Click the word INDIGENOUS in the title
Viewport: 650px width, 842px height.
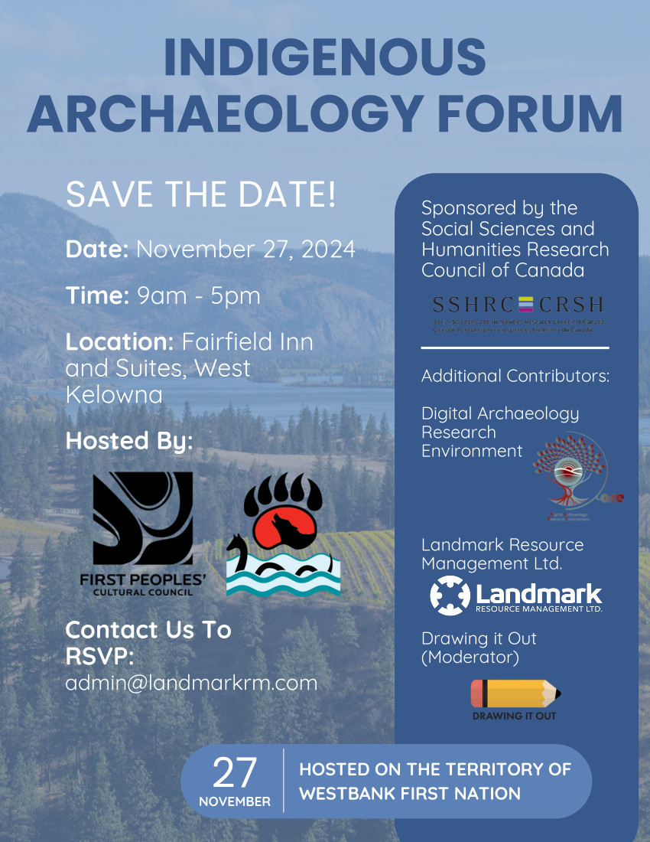325,57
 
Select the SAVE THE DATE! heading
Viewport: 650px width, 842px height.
201,195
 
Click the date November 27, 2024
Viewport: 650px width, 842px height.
245,250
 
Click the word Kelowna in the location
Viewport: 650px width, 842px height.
114,395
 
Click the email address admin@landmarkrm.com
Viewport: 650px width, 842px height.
191,683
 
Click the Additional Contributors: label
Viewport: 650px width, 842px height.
515,376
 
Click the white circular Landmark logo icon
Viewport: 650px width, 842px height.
450,596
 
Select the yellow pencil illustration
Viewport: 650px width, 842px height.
515,694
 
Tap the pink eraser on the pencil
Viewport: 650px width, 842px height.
477,694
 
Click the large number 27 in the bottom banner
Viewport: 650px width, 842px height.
235,773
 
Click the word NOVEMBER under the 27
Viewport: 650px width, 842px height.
235,801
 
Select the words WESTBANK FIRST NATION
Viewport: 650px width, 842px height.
410,794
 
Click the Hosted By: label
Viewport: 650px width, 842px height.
129,441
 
